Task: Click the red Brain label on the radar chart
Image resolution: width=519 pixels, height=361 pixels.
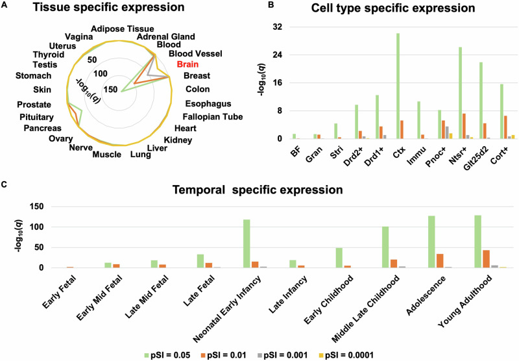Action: click(x=187, y=66)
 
